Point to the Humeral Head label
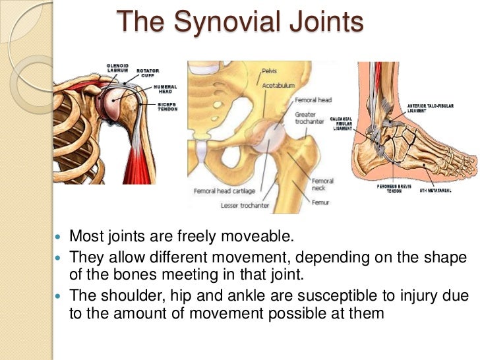[x=164, y=90]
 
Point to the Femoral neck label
[x=322, y=185]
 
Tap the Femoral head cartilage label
[x=224, y=191]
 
